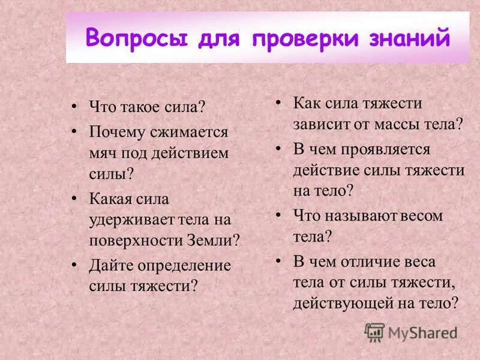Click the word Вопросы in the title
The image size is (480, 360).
[133, 38]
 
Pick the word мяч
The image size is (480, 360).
[103, 152]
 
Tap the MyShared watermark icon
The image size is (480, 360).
[374, 332]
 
